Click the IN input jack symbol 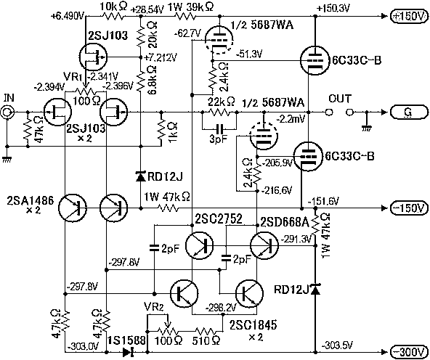(x=7, y=112)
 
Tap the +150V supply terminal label (x=409, y=16)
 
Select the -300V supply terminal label (x=409, y=351)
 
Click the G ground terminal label (x=409, y=112)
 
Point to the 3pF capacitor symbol (x=219, y=128)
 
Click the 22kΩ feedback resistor (x=219, y=112)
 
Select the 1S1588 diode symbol (x=128, y=351)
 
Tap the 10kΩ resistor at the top (x=113, y=16)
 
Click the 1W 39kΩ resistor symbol (x=185, y=16)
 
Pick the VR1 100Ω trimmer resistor (x=86, y=91)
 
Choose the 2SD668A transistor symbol (x=264, y=245)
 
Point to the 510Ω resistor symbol (x=206, y=331)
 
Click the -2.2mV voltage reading (x=290, y=120)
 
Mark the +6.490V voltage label (x=68, y=17)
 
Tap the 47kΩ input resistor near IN (x=28, y=129)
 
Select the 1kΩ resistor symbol (x=161, y=129)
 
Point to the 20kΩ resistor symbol (x=140, y=36)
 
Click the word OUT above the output (x=340, y=99)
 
